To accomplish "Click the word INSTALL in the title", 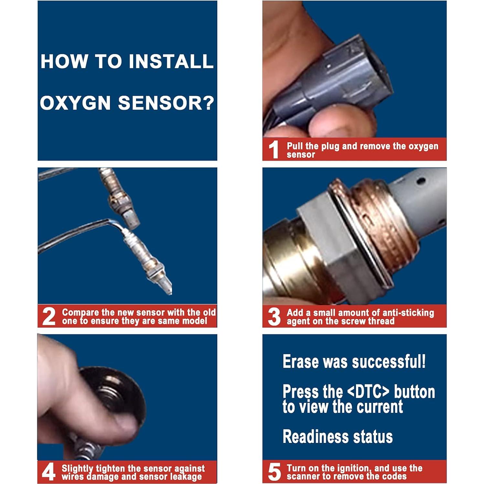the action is [171, 61].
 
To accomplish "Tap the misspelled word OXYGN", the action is [76, 103].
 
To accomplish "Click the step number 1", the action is [274, 149].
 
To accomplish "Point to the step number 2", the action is [49, 317].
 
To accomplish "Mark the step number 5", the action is [274, 472].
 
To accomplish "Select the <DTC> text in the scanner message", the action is [368, 391].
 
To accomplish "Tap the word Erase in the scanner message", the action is [301, 361].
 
